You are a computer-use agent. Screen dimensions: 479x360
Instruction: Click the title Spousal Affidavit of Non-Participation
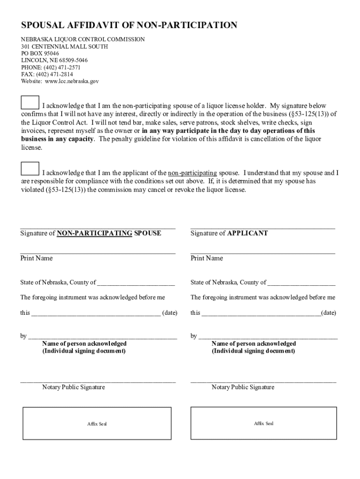129,25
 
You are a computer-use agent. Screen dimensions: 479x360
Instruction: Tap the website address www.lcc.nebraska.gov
72,81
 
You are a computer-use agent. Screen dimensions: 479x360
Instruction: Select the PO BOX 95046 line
40,53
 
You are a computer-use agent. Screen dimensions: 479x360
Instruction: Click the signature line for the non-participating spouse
98,227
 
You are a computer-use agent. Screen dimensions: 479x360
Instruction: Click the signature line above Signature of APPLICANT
263,227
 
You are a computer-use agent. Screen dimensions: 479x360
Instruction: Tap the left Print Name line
98,253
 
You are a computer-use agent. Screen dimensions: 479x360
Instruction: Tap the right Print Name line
263,253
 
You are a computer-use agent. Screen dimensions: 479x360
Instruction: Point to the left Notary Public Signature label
73,387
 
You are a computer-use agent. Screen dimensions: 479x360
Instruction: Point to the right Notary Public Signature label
243,387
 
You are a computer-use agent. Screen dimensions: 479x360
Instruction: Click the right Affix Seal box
263,423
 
